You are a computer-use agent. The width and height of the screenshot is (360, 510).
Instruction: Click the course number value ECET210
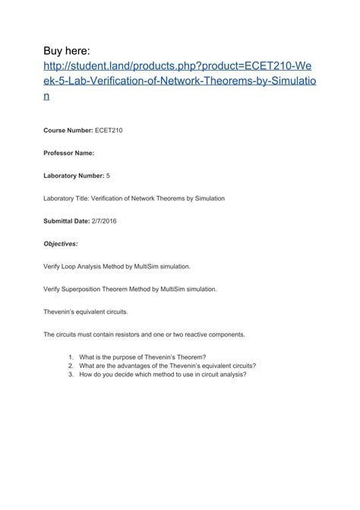(109, 131)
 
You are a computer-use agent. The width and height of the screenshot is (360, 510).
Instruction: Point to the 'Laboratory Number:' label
(74, 176)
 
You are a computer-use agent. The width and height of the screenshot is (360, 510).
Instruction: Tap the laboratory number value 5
(109, 176)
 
